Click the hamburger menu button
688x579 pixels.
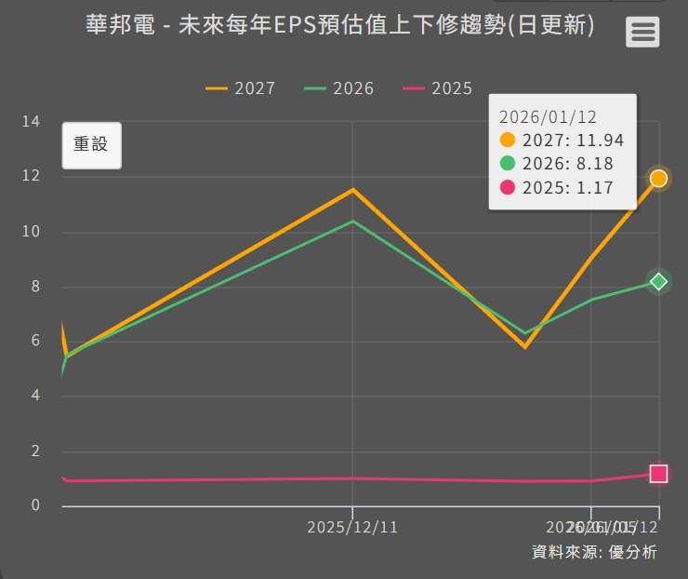pos(642,32)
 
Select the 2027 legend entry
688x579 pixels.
pos(241,88)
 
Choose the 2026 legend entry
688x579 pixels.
pos(339,88)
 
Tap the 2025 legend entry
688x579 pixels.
pos(438,88)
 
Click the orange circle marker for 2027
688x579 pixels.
pos(658,178)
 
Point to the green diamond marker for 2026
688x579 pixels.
pos(658,281)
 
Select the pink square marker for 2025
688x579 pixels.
pos(658,474)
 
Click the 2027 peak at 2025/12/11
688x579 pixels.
pos(352,190)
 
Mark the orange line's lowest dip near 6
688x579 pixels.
pos(525,346)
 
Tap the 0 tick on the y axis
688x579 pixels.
pos(35,505)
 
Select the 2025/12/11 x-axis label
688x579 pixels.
pos(352,527)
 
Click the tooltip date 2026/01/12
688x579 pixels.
pos(548,116)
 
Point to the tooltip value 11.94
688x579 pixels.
pos(601,141)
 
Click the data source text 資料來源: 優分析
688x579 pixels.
pos(594,552)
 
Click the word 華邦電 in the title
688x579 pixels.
pos(115,25)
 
